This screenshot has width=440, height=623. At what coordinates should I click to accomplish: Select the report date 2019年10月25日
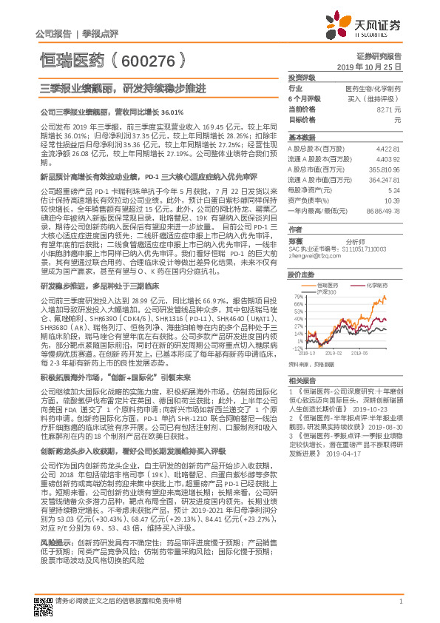pos(374,67)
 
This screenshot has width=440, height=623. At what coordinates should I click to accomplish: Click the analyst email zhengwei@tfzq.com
pos(309,256)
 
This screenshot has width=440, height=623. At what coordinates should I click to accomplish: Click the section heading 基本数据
pos(299,138)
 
